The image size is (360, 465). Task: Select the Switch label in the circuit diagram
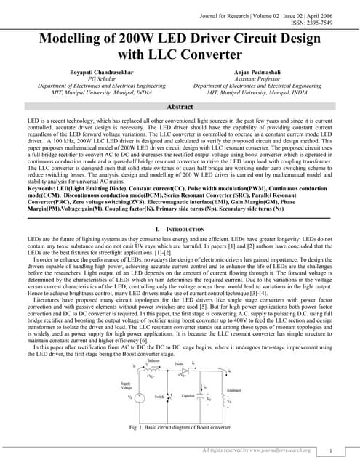click(160, 397)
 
